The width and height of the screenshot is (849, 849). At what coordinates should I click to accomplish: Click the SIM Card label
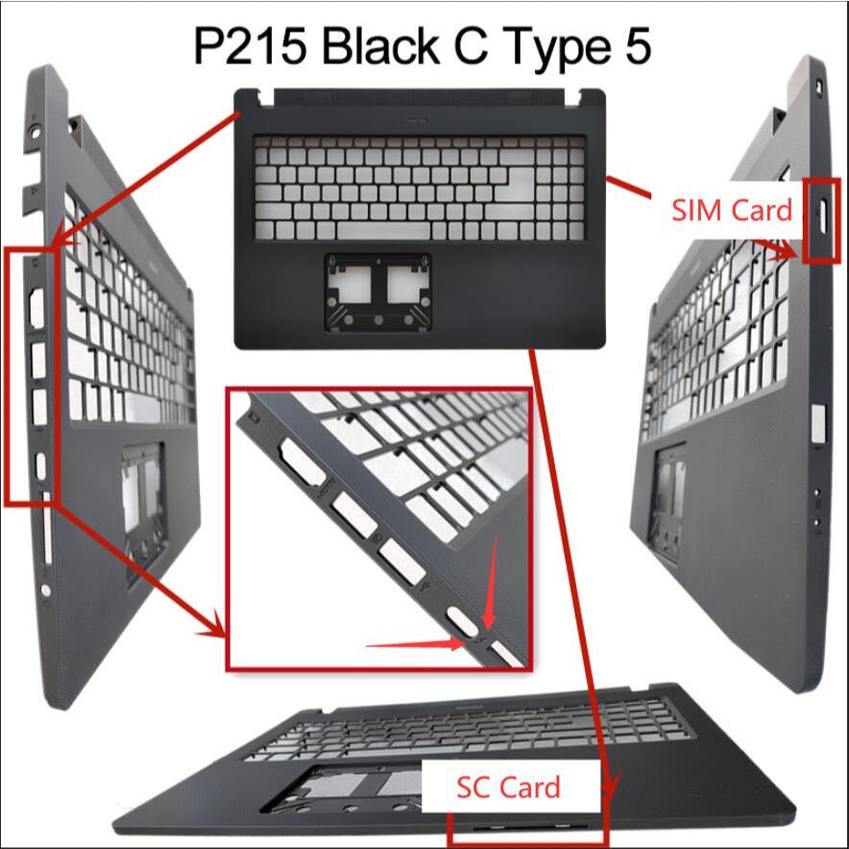point(732,209)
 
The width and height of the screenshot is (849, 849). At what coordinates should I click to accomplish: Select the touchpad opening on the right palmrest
point(668,495)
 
